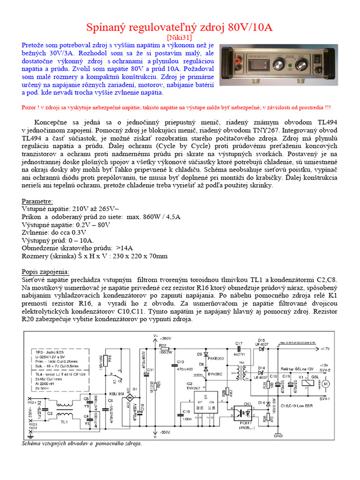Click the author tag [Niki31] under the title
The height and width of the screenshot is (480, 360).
click(180, 37)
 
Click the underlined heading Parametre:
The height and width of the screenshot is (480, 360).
click(37, 201)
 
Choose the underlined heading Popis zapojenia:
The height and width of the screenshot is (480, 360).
click(45, 272)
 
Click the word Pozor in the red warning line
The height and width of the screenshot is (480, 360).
click(30, 106)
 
